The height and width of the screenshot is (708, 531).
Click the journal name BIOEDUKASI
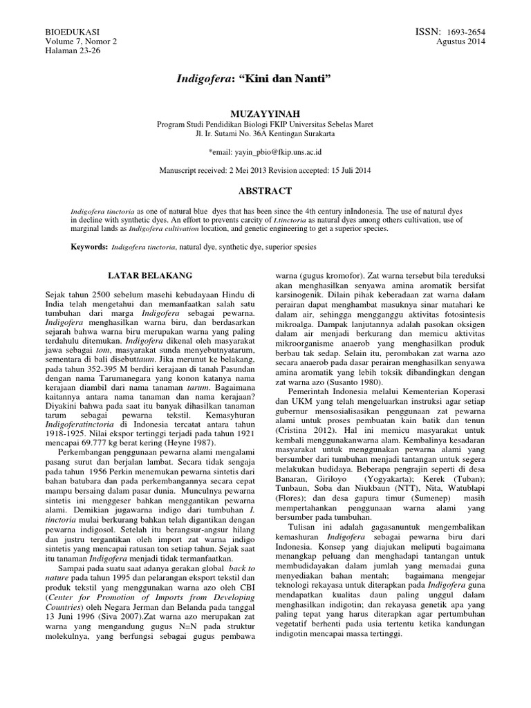point(71,32)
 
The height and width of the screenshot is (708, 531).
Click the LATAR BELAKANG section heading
point(151,275)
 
